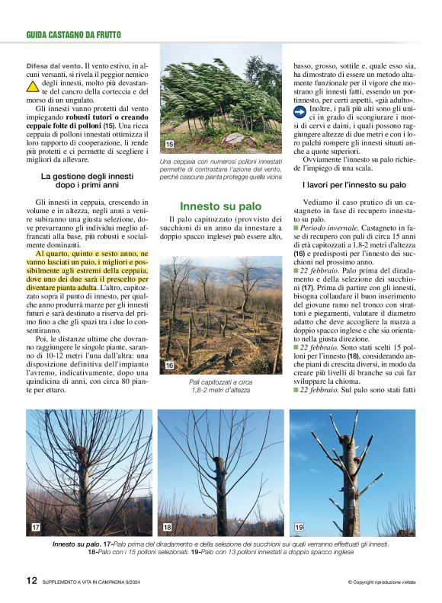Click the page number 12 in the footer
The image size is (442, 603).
(31, 581)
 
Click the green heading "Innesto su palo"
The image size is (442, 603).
(220, 206)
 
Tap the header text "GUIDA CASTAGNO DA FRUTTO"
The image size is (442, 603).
(73, 34)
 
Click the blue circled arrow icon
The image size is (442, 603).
(300, 112)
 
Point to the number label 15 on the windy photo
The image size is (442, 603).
(169, 144)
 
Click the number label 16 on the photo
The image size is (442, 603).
(169, 366)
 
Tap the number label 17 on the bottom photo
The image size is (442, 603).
(36, 527)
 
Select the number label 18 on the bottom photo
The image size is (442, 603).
(168, 527)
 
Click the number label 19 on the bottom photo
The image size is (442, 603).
(299, 527)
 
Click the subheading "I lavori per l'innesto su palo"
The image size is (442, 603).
(354, 185)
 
